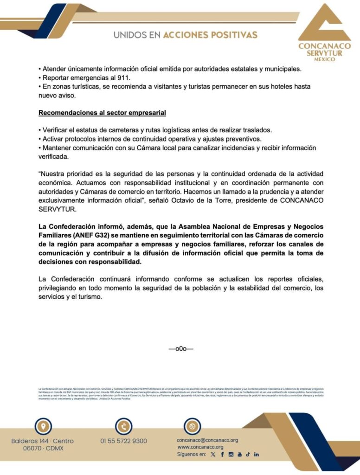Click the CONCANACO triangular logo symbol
[x=324, y=24]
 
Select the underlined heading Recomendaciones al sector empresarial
[x=102, y=113]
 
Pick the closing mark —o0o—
[x=180, y=348]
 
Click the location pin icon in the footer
[x=43, y=426]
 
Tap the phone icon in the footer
[x=123, y=426]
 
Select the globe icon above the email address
[x=192, y=426]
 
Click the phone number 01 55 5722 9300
[x=123, y=441]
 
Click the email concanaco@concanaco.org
[x=207, y=440]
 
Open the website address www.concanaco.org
[x=201, y=447]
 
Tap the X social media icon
[x=213, y=455]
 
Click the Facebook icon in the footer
[x=222, y=455]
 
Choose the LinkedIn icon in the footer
[x=257, y=455]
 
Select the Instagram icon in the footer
[x=231, y=455]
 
